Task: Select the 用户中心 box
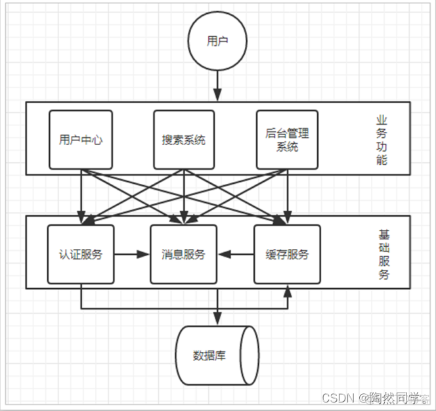coord(80,140)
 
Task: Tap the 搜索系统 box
coord(184,140)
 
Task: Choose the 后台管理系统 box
coord(287,140)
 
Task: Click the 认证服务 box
coord(80,254)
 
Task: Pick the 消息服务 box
coord(183,254)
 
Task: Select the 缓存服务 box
coord(287,254)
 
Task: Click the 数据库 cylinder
coord(216,355)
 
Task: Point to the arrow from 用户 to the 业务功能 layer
coord(217,85)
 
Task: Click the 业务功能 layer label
coord(381,140)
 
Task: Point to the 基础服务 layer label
coord(383,254)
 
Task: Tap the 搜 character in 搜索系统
coord(167,140)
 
